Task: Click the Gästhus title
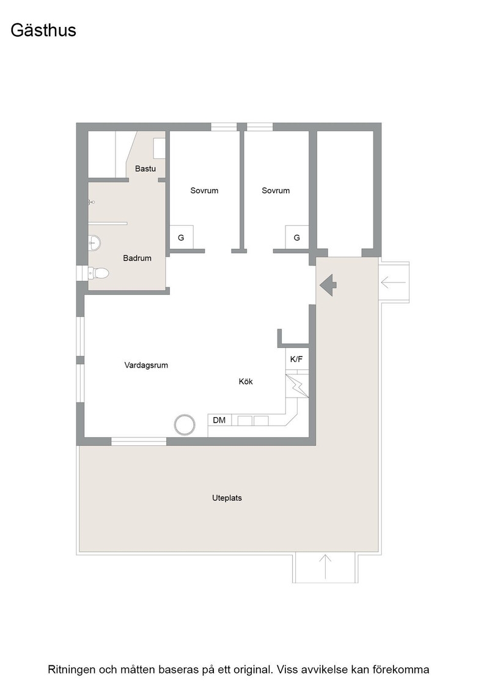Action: pos(43,31)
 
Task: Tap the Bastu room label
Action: pos(145,169)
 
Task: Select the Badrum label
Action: pos(137,258)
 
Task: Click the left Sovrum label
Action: pos(204,190)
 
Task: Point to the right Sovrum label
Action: pos(276,190)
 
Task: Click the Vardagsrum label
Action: pos(146,365)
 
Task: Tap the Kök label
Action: pos(246,382)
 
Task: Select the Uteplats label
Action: pos(227,498)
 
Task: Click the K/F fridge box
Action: pos(297,359)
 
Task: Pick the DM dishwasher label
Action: pos(219,420)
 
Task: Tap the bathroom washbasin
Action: pos(94,242)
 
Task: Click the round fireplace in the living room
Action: pos(184,424)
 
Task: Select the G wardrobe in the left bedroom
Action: pos(181,237)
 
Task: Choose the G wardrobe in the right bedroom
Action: pos(297,237)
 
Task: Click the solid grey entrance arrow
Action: pos(328,285)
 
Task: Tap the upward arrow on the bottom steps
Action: pos(325,566)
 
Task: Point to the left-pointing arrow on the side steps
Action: pos(393,282)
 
